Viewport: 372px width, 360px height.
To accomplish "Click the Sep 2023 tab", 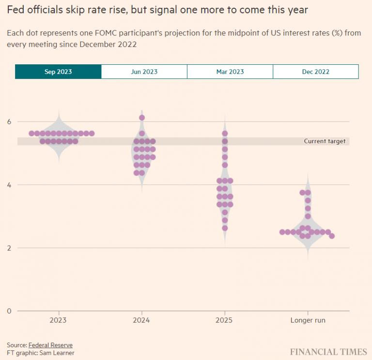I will pyautogui.click(x=58, y=72).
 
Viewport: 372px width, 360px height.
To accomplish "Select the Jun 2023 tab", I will pyautogui.click(x=144, y=72).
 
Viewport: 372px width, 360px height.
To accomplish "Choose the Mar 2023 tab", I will pyautogui.click(x=230, y=72).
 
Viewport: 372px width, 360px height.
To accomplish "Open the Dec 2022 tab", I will pyautogui.click(x=316, y=72).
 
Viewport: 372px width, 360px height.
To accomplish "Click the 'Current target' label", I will pyautogui.click(x=325, y=141).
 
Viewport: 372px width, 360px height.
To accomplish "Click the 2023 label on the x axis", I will pyautogui.click(x=59, y=320).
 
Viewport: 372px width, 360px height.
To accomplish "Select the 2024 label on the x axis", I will pyautogui.click(x=142, y=320).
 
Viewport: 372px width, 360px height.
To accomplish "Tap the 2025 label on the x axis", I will pyautogui.click(x=225, y=320).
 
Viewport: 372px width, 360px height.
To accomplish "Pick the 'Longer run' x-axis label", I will pyautogui.click(x=308, y=320).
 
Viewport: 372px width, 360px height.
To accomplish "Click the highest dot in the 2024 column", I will pyautogui.click(x=142, y=118).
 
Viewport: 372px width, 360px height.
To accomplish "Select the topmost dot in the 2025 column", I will pyautogui.click(x=225, y=134).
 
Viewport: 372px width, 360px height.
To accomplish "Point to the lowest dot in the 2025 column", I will pyautogui.click(x=225, y=228).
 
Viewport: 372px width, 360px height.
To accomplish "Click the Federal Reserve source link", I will pyautogui.click(x=50, y=345).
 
